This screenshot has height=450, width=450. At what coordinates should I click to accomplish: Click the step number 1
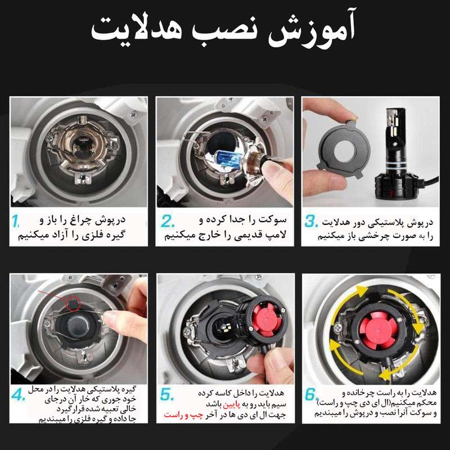click(17, 220)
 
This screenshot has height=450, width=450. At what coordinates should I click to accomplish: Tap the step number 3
click(312, 220)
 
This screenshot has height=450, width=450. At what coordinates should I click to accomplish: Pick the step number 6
click(312, 396)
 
